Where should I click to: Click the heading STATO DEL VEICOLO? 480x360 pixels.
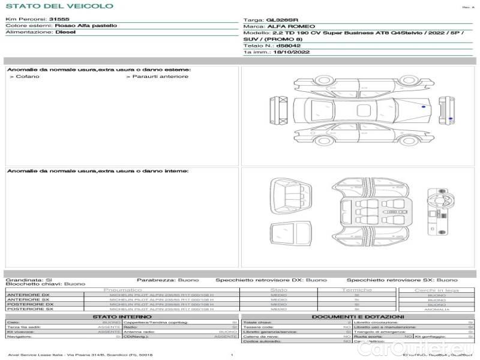coord(59,6)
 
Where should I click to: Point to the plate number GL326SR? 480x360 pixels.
coord(282,20)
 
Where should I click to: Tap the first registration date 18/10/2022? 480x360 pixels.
coord(287,53)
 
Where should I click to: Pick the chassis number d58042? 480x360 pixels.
coord(289,46)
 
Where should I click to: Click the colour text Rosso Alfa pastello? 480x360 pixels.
coord(86,26)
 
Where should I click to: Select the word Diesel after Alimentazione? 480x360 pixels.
coord(65,32)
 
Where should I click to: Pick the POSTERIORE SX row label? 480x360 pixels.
coord(29,309)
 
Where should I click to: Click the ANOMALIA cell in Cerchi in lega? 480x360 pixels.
coord(437,309)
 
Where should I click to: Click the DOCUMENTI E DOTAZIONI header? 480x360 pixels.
coord(358,316)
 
